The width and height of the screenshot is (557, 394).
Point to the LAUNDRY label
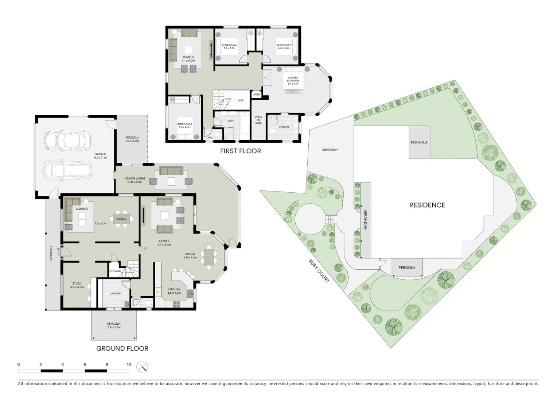116,293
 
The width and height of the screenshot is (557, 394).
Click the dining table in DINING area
121,219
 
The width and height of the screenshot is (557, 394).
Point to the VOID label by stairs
241,100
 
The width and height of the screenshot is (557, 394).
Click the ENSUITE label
284,127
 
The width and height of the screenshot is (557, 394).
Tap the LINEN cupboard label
256,94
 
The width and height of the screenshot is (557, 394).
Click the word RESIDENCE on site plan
427,205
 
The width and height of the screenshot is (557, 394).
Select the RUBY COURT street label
319,271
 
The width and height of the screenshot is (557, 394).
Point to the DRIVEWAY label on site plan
330,150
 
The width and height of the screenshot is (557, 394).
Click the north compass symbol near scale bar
142,366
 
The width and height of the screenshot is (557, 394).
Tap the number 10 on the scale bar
129,364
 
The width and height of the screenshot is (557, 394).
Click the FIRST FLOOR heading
240,151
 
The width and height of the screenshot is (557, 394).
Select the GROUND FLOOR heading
122,348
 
